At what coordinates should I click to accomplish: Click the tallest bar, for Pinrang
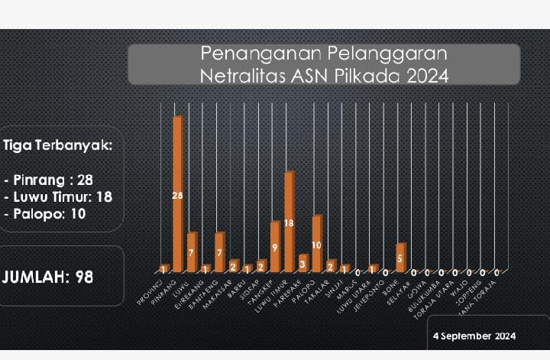click(177, 195)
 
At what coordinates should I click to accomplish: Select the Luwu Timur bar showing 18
click(289, 222)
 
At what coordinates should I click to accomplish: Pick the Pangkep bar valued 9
click(275, 246)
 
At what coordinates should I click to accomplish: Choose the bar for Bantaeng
click(219, 251)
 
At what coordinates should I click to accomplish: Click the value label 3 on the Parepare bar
click(302, 264)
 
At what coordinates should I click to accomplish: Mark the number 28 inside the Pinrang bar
click(177, 196)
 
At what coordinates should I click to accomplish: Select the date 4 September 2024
click(474, 336)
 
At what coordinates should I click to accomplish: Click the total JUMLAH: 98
click(48, 277)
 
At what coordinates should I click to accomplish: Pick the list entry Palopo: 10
click(45, 213)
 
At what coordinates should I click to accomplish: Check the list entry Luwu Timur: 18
click(58, 196)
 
